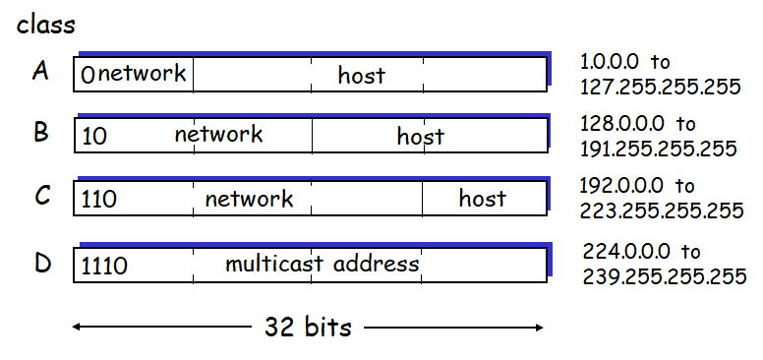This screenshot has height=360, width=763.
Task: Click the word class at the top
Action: (47, 25)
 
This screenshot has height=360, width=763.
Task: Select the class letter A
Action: (40, 72)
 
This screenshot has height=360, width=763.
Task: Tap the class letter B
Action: (40, 132)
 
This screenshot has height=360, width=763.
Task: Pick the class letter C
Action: (41, 196)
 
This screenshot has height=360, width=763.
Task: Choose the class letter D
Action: (41, 263)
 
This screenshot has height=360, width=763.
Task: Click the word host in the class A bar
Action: (361, 75)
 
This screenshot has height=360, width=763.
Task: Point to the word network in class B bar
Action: (218, 135)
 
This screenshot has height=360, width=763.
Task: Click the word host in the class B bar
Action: (420, 137)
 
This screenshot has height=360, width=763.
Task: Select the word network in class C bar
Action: (249, 199)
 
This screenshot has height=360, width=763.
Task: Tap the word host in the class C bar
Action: (482, 199)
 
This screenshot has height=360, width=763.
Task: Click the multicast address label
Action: (322, 264)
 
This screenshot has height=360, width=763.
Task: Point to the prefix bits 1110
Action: (104, 266)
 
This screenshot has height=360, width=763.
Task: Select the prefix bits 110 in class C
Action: (99, 200)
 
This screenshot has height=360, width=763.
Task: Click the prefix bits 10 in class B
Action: (94, 137)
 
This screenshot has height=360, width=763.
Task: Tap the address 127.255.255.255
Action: (661, 87)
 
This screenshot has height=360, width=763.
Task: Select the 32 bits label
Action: (308, 328)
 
